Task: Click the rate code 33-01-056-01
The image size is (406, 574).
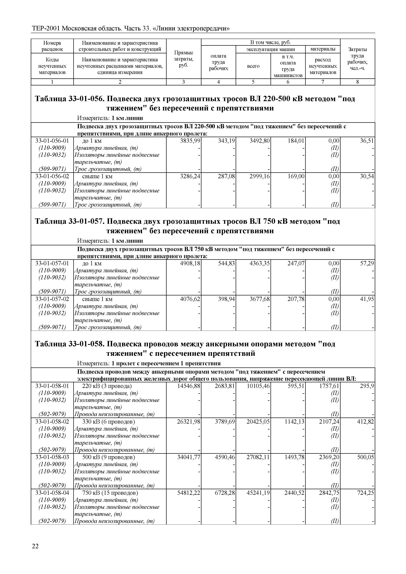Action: pyautogui.click(x=52, y=141)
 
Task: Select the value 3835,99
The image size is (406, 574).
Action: pyautogui.click(x=190, y=141)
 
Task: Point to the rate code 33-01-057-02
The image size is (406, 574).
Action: pyautogui.click(x=52, y=299)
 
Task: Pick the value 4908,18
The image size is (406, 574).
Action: pyautogui.click(x=190, y=263)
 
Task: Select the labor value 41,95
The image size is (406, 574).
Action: pyautogui.click(x=367, y=299)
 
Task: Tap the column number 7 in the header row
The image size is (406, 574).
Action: pyautogui.click(x=323, y=82)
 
